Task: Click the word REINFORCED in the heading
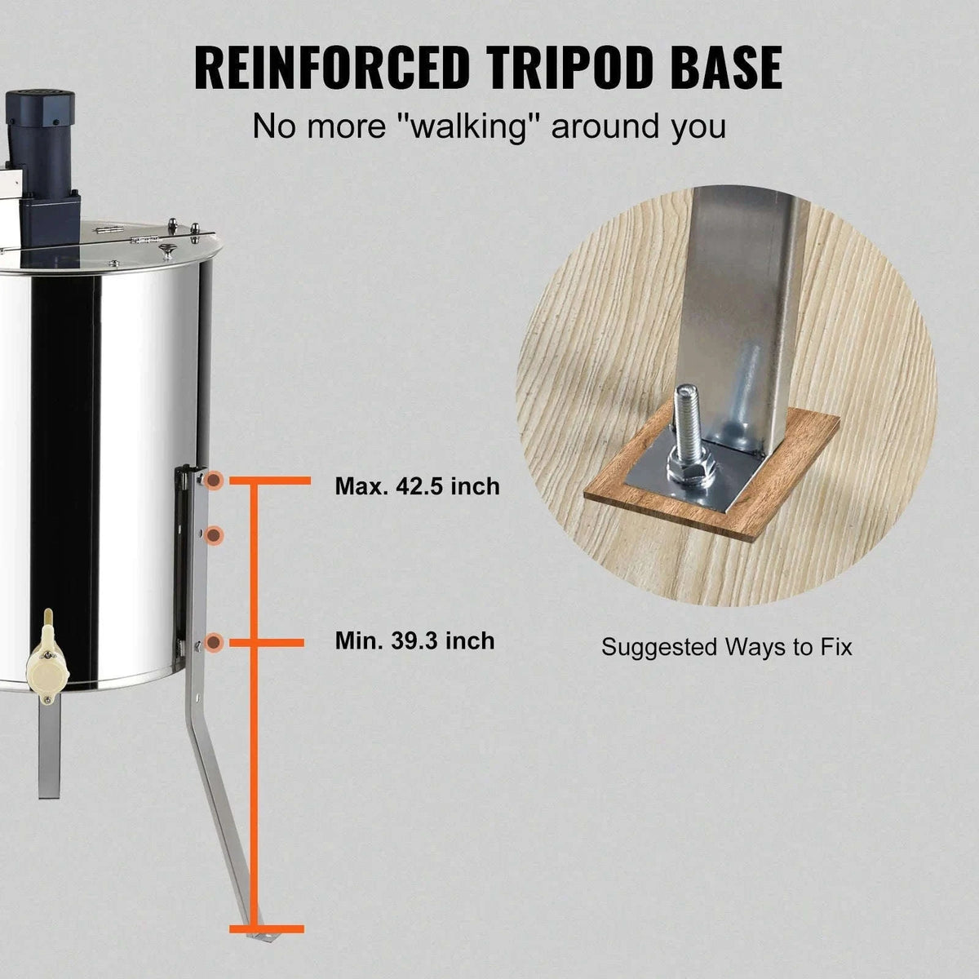pyautogui.click(x=331, y=68)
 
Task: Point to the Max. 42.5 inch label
pyautogui.click(x=417, y=486)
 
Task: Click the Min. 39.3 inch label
pyautogui.click(x=414, y=640)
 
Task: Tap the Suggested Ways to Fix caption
pyautogui.click(x=726, y=647)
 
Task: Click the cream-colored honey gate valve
pyautogui.click(x=47, y=655)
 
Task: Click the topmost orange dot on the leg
pyautogui.click(x=215, y=480)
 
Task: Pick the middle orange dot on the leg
pyautogui.click(x=215, y=534)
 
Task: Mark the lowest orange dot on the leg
pyautogui.click(x=215, y=643)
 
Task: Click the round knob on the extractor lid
pyautogui.click(x=166, y=249)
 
